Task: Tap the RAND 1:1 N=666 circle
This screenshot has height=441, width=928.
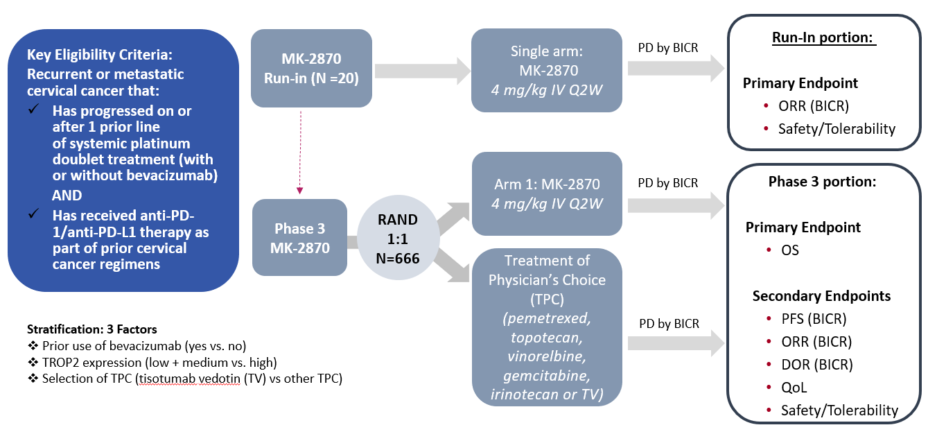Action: click(x=397, y=239)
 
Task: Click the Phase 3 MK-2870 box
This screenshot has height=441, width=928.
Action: click(x=299, y=237)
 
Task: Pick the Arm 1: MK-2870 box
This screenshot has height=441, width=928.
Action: click(x=546, y=193)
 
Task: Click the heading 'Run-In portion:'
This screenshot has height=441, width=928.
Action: click(x=823, y=37)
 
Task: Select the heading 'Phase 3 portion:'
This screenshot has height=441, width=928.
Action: click(x=823, y=182)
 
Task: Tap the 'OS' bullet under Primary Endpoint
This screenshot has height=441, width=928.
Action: click(x=789, y=250)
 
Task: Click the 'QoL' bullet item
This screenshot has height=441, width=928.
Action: click(x=794, y=388)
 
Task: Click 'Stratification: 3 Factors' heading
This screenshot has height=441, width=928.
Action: click(x=91, y=329)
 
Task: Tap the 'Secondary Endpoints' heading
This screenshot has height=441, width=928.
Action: click(x=821, y=296)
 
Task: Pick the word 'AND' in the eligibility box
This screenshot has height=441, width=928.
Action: click(x=67, y=195)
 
